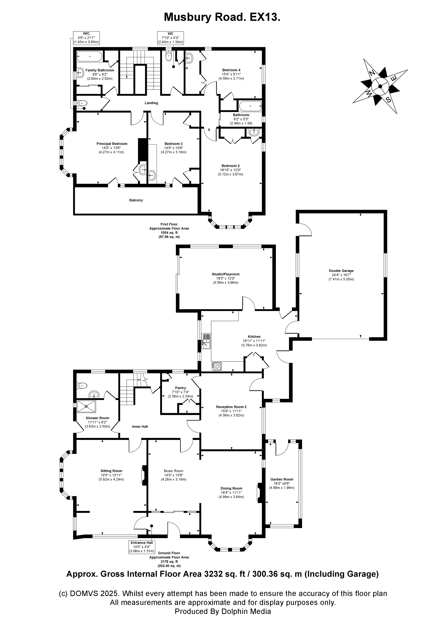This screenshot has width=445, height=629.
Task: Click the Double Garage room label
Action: pyautogui.click(x=341, y=271)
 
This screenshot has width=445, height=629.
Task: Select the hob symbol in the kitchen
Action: pyautogui.click(x=217, y=366)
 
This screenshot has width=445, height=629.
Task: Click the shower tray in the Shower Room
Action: pyautogui.click(x=86, y=406)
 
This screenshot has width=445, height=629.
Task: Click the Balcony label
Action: pyautogui.click(x=136, y=200)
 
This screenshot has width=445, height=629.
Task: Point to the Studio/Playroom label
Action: pyautogui.click(x=226, y=274)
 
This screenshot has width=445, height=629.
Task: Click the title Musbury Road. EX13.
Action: pyautogui.click(x=222, y=17)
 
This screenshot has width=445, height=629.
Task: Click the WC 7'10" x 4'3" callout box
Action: pyautogui.click(x=170, y=38)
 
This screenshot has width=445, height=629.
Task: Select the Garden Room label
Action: pyautogui.click(x=282, y=479)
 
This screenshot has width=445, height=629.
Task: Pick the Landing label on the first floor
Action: pyautogui.click(x=151, y=103)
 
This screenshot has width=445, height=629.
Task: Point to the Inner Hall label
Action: pyautogui.click(x=140, y=427)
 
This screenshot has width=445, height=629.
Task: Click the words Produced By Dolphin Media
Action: pyautogui.click(x=223, y=611)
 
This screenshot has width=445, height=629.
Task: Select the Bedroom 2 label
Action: pyautogui.click(x=231, y=166)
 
